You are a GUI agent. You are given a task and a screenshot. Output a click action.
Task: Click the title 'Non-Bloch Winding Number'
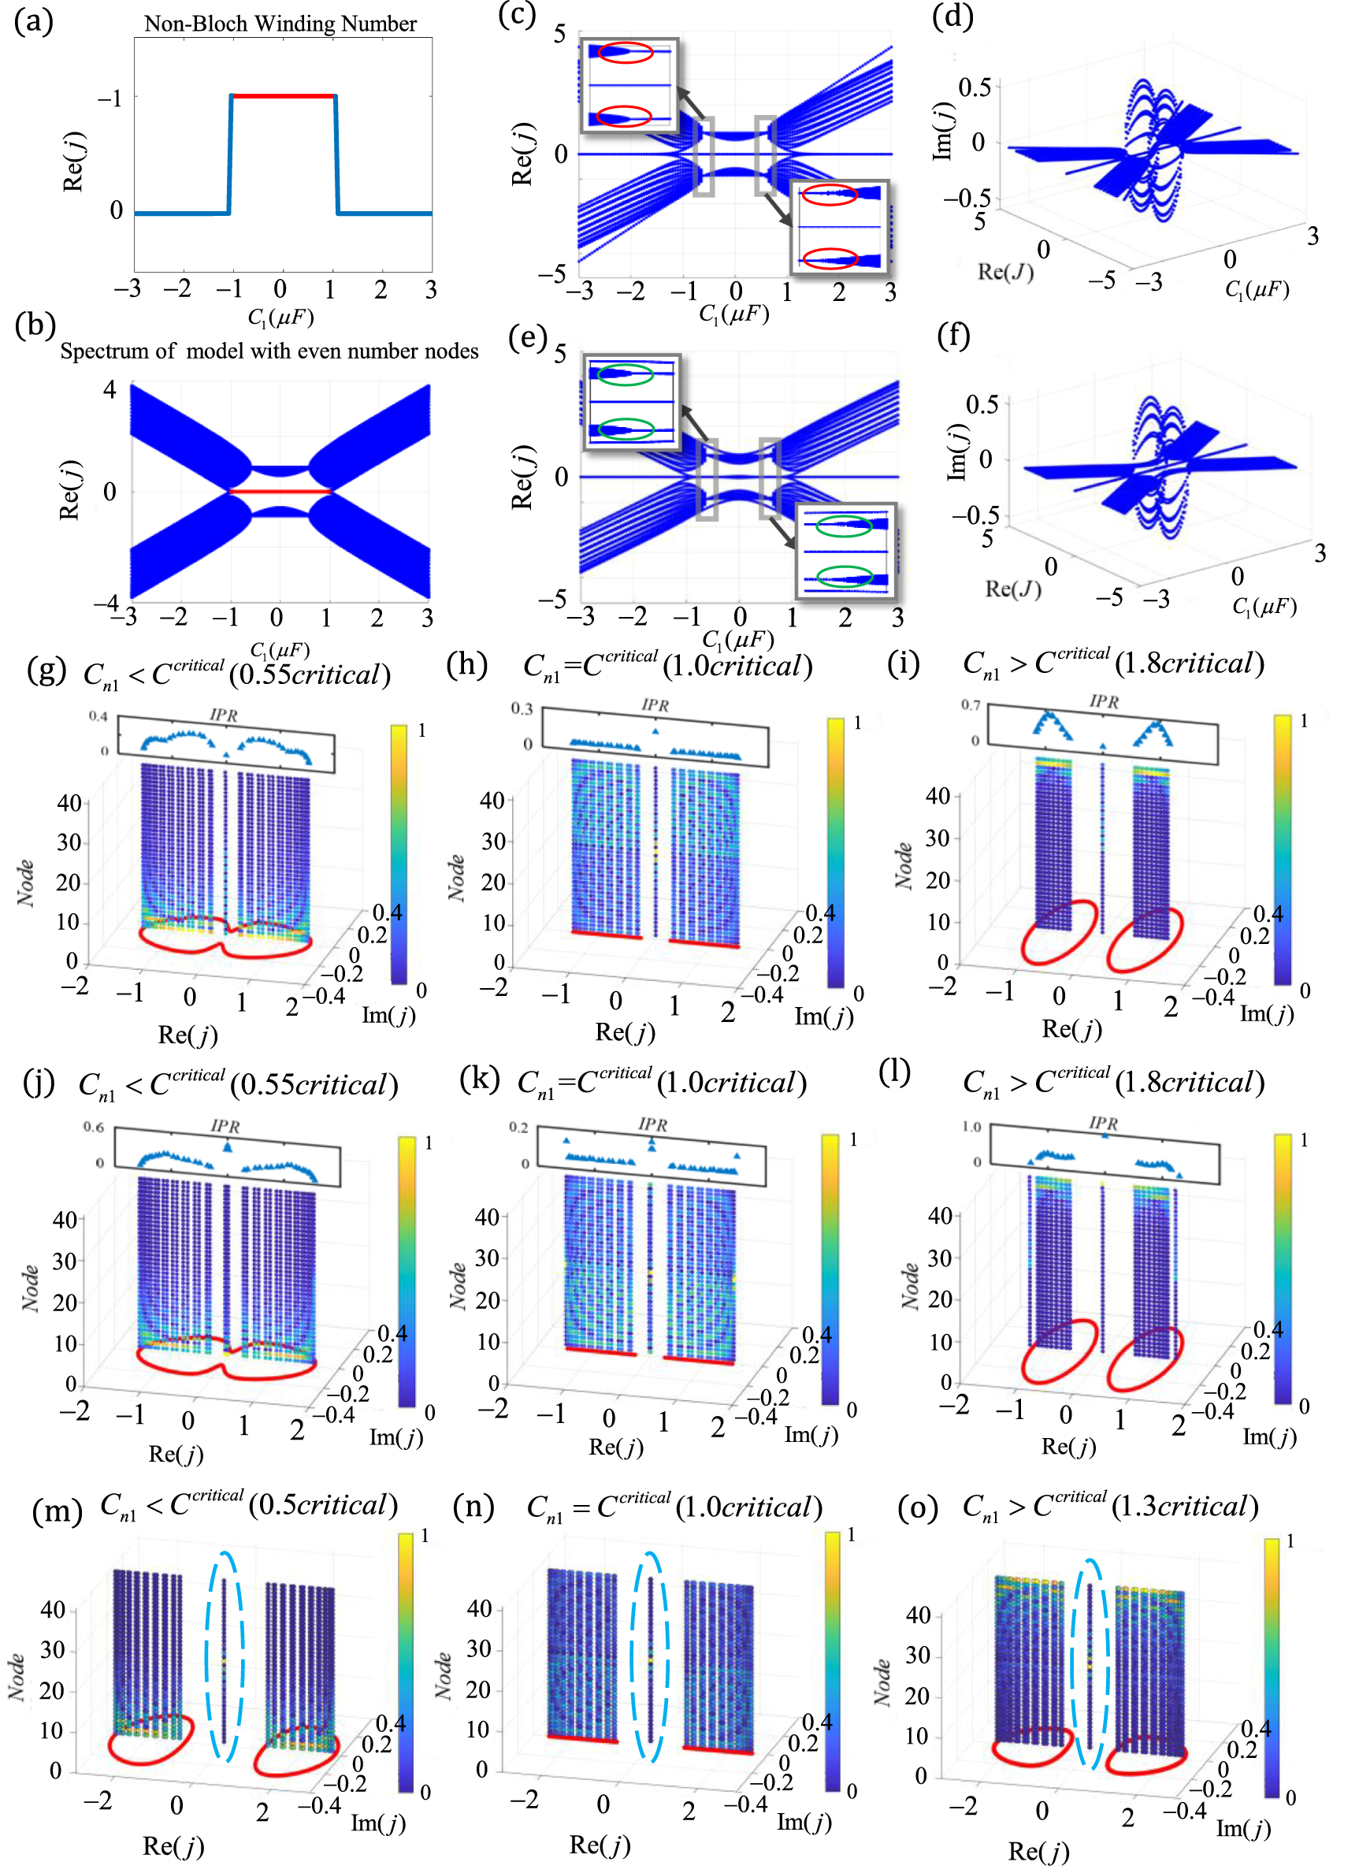point(280,23)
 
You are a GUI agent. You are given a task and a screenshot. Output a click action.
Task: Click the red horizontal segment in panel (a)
point(283,97)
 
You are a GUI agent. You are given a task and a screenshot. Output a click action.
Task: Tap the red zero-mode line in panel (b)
point(280,492)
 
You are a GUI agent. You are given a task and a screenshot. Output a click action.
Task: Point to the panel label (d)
point(952,17)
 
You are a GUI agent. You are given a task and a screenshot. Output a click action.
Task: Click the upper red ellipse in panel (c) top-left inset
point(625,53)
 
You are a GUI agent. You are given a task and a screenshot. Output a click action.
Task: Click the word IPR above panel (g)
point(223,715)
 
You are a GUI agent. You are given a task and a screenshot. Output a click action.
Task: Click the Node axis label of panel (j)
point(30,1288)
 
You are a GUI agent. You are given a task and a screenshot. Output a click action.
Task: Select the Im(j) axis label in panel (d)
point(943,132)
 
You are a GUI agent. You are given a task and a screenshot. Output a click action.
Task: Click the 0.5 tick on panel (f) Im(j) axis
point(982,404)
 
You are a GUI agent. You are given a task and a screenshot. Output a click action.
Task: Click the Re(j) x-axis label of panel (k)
point(615,1446)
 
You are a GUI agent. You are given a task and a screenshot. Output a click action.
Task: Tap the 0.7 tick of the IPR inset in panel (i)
point(970,705)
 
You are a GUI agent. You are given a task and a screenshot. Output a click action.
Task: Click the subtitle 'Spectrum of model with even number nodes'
point(269,351)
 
